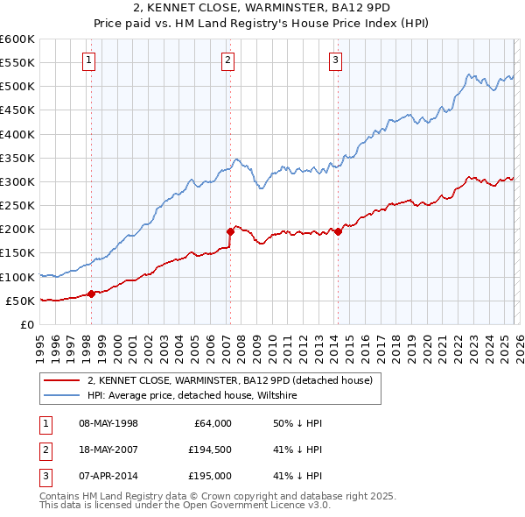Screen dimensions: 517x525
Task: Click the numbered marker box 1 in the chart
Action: pyautogui.click(x=90, y=60)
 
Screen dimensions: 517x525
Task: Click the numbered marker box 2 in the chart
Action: pyautogui.click(x=227, y=60)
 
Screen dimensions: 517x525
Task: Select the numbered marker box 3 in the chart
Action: pyautogui.click(x=336, y=60)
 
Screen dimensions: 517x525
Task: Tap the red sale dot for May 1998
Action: pyautogui.click(x=91, y=294)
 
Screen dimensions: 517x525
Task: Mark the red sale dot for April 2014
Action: pyautogui.click(x=338, y=232)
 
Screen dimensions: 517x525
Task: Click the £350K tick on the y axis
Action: pyautogui.click(x=17, y=159)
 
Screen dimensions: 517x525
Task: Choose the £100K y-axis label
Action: pyautogui.click(x=17, y=277)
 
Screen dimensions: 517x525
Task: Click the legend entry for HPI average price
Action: pyautogui.click(x=192, y=396)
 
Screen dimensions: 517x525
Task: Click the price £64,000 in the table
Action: pyautogui.click(x=212, y=423)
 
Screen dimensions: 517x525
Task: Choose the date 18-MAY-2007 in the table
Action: pyautogui.click(x=108, y=450)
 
